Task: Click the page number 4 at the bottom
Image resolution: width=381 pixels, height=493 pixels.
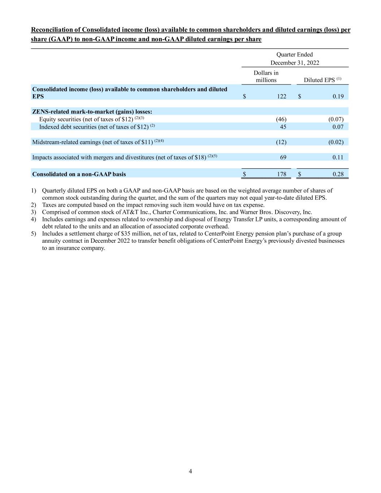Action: click(x=190, y=471)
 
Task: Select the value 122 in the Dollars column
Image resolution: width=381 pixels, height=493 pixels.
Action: click(x=282, y=96)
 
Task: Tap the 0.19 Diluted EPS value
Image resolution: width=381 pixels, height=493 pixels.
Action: click(x=338, y=96)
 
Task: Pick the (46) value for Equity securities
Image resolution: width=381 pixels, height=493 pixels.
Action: click(x=281, y=119)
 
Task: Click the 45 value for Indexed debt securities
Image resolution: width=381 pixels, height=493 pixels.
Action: click(x=283, y=126)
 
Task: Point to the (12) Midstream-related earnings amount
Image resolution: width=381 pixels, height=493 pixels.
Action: click(x=281, y=142)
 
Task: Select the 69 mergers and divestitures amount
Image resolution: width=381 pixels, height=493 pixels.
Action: click(x=283, y=157)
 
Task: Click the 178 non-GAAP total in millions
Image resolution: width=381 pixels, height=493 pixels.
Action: click(x=282, y=174)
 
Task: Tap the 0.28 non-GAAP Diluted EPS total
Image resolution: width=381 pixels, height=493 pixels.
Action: click(x=338, y=174)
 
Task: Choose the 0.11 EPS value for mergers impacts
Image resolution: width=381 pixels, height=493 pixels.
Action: click(x=338, y=157)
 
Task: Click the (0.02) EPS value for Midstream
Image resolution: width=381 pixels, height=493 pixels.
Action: click(x=336, y=142)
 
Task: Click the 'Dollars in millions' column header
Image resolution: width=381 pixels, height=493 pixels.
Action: click(x=266, y=77)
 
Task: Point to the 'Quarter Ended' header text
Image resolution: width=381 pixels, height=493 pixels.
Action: click(x=295, y=55)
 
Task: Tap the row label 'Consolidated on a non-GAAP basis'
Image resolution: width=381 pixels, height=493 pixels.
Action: click(x=79, y=174)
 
